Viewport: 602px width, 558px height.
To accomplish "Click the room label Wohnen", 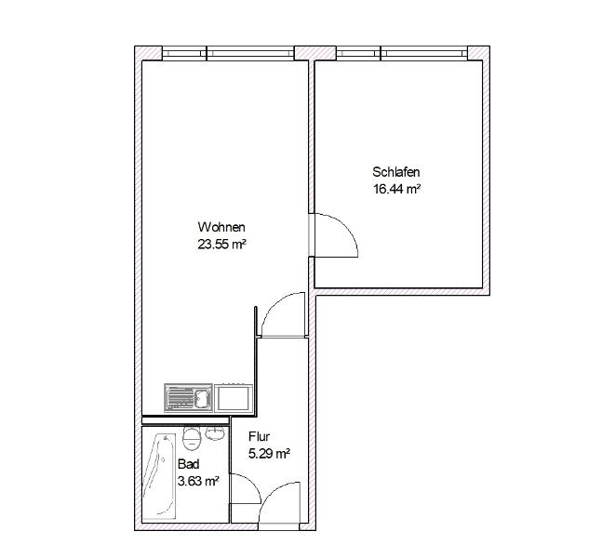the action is [x=221, y=227].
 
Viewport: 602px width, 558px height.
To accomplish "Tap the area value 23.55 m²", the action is [x=221, y=244].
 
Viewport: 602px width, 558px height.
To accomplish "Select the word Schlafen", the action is [x=395, y=172].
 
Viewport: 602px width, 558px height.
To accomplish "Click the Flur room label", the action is [x=260, y=436].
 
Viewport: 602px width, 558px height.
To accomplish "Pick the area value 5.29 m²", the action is [x=269, y=454].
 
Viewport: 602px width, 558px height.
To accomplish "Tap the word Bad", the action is [x=189, y=464].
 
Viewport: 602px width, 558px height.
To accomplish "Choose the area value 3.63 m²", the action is [x=198, y=481].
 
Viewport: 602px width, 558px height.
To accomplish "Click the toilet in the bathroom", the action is [x=192, y=438].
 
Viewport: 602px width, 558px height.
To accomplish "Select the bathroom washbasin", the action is [x=215, y=432].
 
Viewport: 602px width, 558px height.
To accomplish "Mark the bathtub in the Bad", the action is [x=160, y=477].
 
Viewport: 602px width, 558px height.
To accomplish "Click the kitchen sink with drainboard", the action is [x=188, y=398].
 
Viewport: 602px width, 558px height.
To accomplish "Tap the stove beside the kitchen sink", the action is [x=234, y=398].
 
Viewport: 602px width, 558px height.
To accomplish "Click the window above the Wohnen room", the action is [x=228, y=53].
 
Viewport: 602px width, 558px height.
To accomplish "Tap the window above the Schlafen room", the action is [x=402, y=53].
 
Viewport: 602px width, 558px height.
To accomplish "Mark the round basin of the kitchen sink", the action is [x=201, y=398].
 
